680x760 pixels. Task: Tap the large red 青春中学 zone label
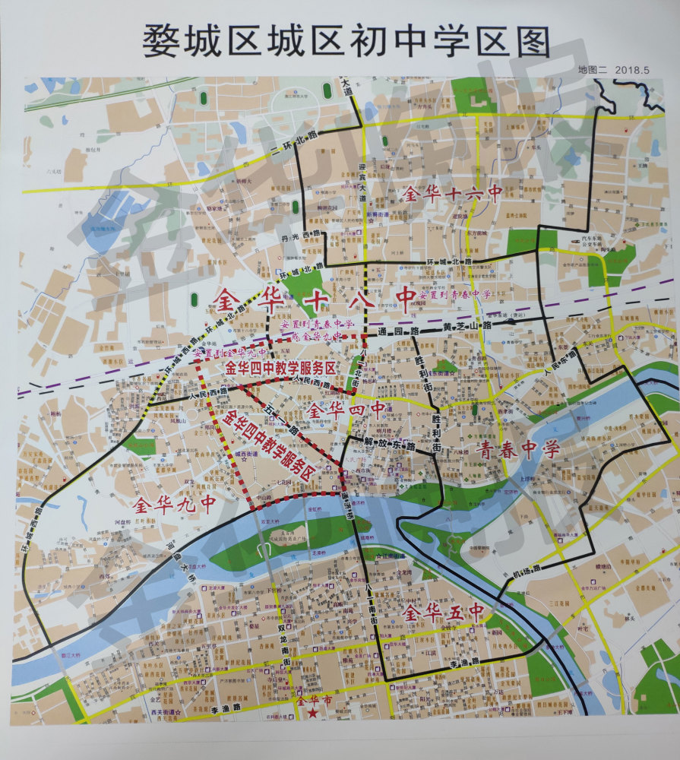tap(518, 449)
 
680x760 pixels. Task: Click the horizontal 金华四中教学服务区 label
tap(280, 367)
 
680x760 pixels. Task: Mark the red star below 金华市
tap(311, 714)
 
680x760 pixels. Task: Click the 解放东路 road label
tap(391, 442)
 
